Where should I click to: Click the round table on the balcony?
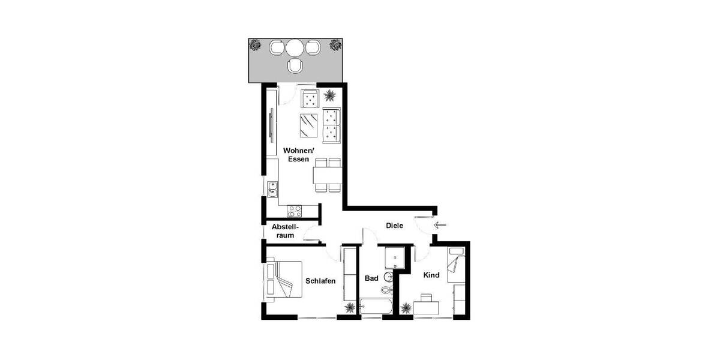tap(295, 47)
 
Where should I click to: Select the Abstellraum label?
tap(285, 231)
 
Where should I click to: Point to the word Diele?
tap(394, 226)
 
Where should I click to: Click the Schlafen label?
tap(320, 281)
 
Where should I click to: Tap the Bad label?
tap(371, 278)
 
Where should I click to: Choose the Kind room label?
tap(431, 275)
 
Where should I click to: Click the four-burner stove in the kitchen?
tap(295, 211)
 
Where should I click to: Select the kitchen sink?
tap(272, 190)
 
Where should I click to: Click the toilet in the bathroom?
tap(385, 290)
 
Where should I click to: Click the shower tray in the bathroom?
tap(392, 257)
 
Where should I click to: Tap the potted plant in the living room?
tap(329, 95)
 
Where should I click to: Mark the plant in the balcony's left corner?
tap(256, 44)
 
